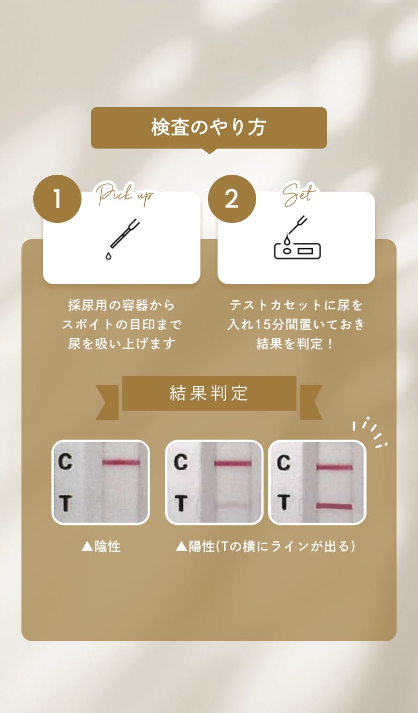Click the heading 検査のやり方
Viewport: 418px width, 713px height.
tap(208, 127)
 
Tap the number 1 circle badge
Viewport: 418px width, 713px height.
tap(57, 199)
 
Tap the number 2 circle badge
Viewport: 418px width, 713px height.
tap(232, 199)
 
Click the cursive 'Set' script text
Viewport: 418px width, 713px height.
tap(299, 194)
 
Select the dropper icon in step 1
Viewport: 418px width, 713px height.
tap(122, 239)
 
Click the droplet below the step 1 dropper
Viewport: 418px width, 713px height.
tap(108, 256)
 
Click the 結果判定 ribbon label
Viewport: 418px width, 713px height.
tap(209, 393)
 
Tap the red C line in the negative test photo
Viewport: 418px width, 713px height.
tap(121, 462)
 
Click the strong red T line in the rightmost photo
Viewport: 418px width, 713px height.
tap(334, 506)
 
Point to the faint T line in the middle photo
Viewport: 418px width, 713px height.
tap(232, 505)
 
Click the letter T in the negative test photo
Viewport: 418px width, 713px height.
tap(65, 503)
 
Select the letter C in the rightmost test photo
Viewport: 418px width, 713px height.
tap(283, 462)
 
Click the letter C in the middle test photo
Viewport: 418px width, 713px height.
tap(181, 462)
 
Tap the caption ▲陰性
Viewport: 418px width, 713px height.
tap(101, 547)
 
